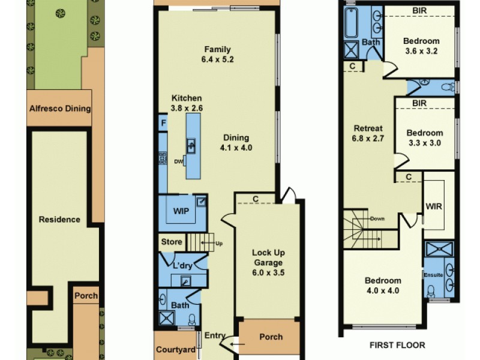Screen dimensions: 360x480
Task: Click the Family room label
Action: pyautogui.click(x=217, y=50)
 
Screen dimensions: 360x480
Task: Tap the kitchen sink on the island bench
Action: pyautogui.click(x=191, y=146)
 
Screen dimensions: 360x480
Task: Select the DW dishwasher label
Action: pyautogui.click(x=178, y=161)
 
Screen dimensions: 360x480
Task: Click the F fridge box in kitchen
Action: pyautogui.click(x=163, y=123)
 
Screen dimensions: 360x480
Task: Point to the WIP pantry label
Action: pyautogui.click(x=181, y=211)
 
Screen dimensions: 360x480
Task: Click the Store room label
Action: pyautogui.click(x=171, y=242)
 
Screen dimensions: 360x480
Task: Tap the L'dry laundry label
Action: pyautogui.click(x=182, y=265)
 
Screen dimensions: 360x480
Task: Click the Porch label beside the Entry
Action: pyautogui.click(x=271, y=337)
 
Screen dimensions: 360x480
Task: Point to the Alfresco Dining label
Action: pyautogui.click(x=60, y=109)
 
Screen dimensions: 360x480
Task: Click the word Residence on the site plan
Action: pyautogui.click(x=59, y=219)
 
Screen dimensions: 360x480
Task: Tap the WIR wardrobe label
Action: pyautogui.click(x=434, y=206)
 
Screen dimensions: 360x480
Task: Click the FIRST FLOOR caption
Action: pyautogui.click(x=398, y=345)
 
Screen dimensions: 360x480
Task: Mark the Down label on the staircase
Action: pyautogui.click(x=377, y=218)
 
